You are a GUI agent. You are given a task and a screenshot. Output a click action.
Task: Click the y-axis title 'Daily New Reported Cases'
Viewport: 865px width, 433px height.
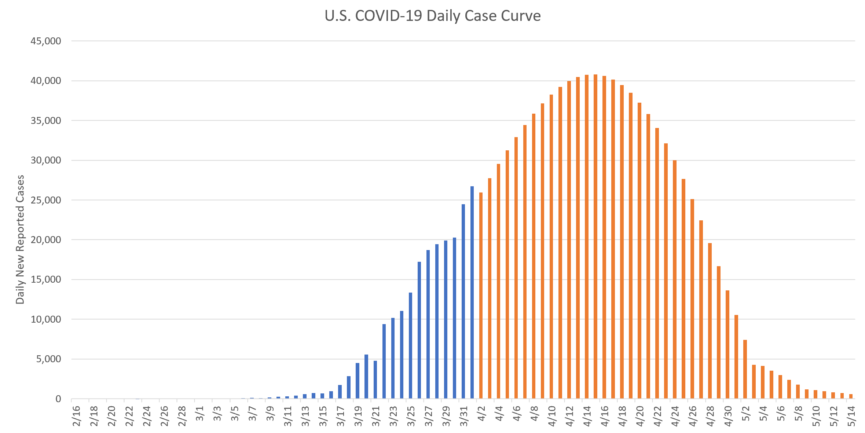[x=20, y=239]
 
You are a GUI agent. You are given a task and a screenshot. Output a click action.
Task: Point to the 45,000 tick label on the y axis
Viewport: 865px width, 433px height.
[x=46, y=41]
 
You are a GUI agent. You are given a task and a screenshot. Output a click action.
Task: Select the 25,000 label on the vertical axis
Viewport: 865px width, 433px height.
[x=46, y=200]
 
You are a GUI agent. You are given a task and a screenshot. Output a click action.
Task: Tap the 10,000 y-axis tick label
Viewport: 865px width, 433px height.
[x=46, y=319]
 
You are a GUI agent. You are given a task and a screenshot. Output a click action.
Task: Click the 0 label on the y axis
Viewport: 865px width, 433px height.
[x=58, y=399]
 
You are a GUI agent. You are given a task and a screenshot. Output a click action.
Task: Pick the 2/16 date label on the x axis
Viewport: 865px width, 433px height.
[x=76, y=416]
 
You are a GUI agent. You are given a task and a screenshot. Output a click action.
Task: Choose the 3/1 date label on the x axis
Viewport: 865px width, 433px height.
[x=199, y=414]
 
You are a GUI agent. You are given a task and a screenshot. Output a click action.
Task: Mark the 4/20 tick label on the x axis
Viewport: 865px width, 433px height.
[x=640, y=416]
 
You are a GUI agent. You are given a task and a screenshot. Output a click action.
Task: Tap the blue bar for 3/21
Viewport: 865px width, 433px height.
[x=375, y=379]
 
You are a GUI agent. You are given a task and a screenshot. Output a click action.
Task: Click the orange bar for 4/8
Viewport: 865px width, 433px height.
[x=534, y=256]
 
